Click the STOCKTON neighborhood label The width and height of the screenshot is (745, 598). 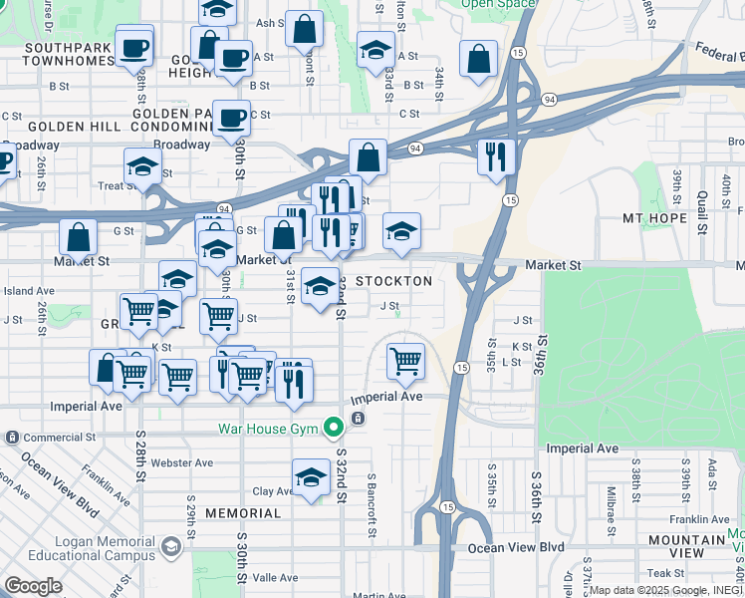click(394, 281)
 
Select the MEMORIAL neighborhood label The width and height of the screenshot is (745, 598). click(243, 513)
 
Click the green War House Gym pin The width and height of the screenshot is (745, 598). click(334, 429)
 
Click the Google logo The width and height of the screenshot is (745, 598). click(33, 586)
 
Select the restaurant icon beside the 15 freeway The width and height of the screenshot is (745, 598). click(494, 155)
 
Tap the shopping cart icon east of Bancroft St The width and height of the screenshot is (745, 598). click(405, 361)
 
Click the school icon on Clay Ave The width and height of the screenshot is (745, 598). click(311, 478)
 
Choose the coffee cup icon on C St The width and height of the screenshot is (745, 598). click(232, 118)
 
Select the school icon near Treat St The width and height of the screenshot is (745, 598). click(142, 166)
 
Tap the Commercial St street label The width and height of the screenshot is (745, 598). click(60, 438)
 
